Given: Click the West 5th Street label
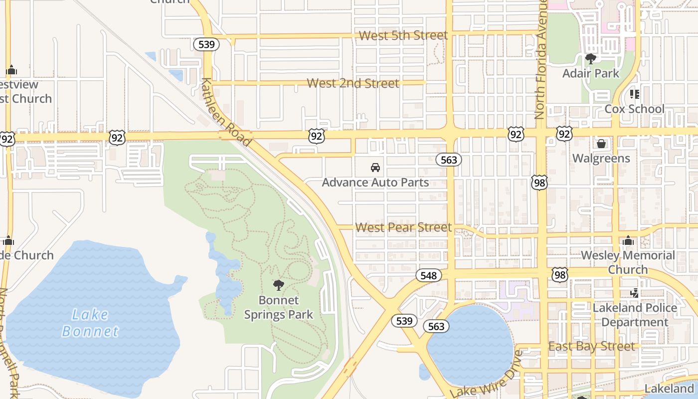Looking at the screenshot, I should (403, 35).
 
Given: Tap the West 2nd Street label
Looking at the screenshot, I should (352, 83).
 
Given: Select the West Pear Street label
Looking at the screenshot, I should (403, 227).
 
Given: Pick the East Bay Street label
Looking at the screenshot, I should (591, 346).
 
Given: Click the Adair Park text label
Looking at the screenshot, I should (590, 73).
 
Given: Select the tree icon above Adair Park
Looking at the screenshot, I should (590, 59).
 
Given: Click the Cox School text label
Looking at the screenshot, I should (634, 109).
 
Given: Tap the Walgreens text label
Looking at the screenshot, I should (601, 159).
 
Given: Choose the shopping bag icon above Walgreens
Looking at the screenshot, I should (601, 144).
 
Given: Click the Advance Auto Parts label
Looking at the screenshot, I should (375, 183).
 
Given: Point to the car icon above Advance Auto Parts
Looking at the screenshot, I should (375, 168).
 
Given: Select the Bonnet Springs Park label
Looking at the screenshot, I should (279, 307).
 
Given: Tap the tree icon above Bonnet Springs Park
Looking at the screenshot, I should (279, 285).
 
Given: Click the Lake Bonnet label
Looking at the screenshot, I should (90, 323).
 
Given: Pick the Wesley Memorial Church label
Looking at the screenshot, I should (628, 262).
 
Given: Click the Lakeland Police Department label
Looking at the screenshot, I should (634, 315).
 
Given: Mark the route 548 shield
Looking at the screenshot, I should (428, 276).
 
